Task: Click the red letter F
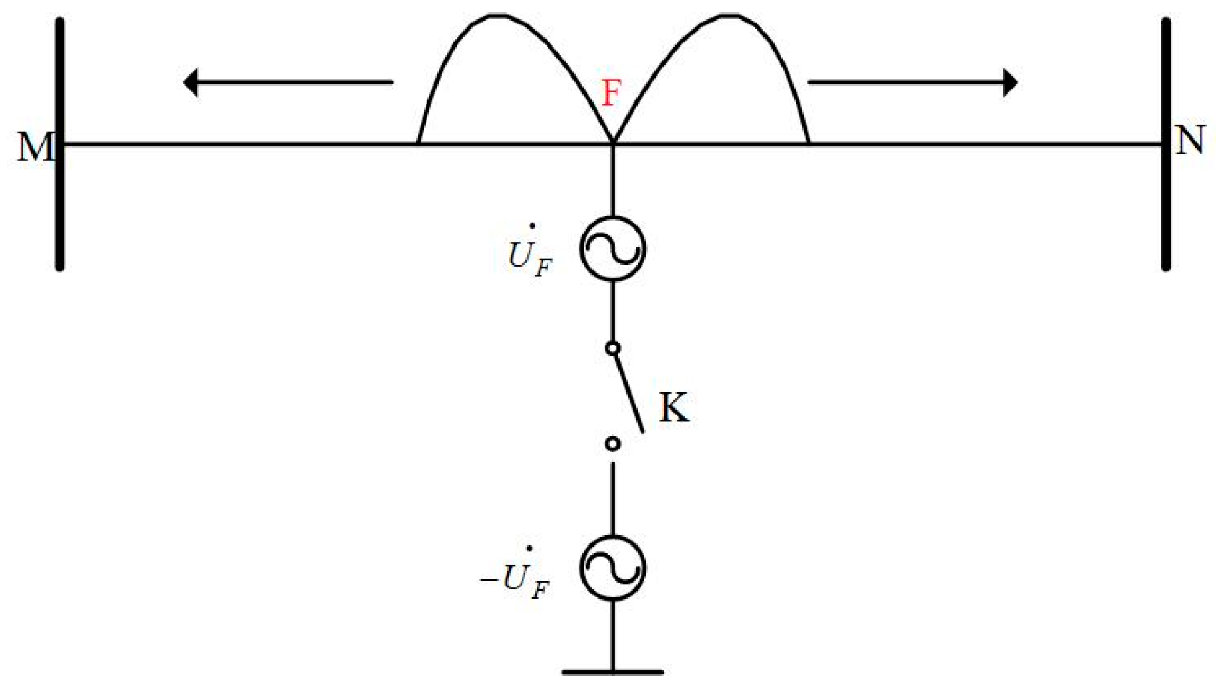pos(611,93)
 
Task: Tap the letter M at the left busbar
pos(35,147)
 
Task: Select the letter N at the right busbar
pos(1190,141)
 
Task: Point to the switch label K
pos(674,407)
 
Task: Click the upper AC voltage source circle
pos(612,249)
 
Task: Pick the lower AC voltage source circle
pos(612,568)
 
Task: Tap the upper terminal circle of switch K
pos(612,348)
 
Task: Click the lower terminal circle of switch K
pos(612,443)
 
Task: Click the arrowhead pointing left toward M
pos(191,82)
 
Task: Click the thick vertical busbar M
pos(60,200)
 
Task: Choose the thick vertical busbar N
pos(1165,200)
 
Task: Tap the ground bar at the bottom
pos(612,672)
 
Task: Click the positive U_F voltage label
pos(530,255)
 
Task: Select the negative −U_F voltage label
pos(516,577)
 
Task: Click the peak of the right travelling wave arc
pos(730,15)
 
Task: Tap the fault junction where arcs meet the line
pos(612,143)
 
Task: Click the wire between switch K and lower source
pos(612,499)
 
